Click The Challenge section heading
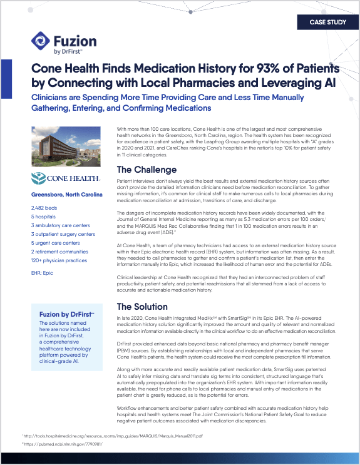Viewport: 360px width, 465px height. pos(147,170)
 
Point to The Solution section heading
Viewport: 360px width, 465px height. pos(142,307)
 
